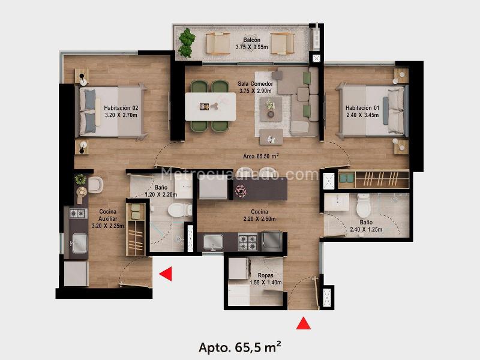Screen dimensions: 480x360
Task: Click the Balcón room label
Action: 251,40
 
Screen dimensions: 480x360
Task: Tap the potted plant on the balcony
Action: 187,43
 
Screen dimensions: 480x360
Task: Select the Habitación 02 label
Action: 121,108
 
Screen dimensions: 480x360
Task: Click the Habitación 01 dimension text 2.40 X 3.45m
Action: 362,115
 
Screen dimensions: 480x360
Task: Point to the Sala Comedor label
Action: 256,83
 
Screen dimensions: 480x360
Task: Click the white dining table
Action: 211,107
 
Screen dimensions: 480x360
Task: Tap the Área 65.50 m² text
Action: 261,156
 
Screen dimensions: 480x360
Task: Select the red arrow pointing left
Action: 166,274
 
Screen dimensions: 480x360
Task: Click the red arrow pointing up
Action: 304,323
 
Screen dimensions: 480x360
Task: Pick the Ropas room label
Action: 265,275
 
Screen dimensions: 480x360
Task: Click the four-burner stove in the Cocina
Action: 248,242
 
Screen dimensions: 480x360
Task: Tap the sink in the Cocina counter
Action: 214,242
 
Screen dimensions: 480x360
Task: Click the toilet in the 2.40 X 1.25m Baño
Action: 364,205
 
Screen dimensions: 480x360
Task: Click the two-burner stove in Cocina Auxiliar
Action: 77,213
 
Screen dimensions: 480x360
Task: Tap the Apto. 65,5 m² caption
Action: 239,347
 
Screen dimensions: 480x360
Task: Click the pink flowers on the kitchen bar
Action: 241,191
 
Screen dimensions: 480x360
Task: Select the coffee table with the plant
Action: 271,109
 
